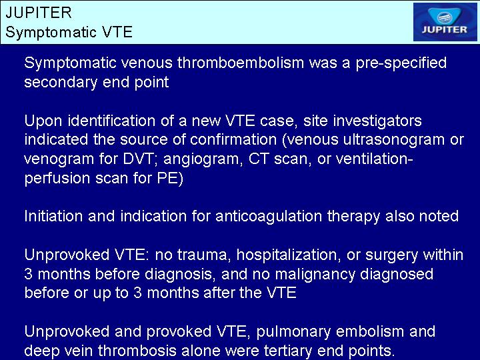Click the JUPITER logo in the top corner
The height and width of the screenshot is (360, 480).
[x=445, y=22]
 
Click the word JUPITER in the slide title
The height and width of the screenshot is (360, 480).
[x=39, y=13]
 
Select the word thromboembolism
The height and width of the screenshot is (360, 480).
[x=241, y=63]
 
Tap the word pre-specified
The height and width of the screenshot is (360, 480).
[x=401, y=63]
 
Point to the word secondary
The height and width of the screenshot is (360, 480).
[x=61, y=83]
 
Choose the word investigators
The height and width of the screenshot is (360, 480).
[x=377, y=121]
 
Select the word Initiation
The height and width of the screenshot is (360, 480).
[x=53, y=216]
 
